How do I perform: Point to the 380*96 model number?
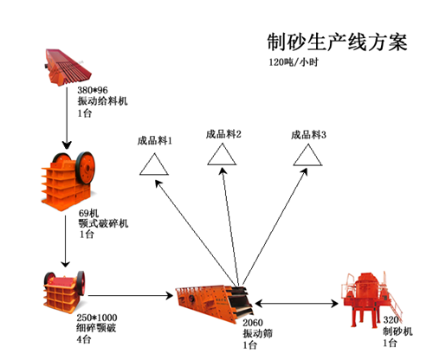tap(93, 91)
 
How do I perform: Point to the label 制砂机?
tap(397, 331)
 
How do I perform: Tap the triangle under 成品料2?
tap(222, 155)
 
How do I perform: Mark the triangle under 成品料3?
tap(307, 155)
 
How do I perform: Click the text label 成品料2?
tap(223, 133)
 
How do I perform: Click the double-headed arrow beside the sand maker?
tap(297, 303)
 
